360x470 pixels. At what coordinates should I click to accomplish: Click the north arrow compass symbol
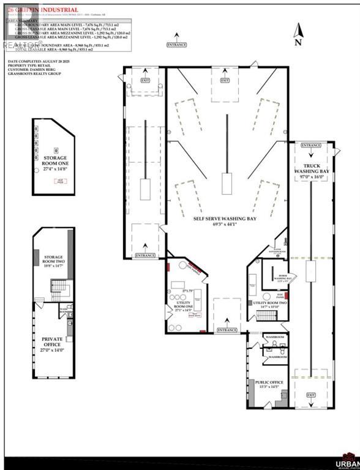[x=299, y=34]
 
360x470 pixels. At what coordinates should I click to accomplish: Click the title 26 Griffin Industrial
[x=43, y=10]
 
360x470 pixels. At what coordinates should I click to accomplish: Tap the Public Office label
[x=267, y=386]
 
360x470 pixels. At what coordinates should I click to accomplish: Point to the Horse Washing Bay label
[x=274, y=277]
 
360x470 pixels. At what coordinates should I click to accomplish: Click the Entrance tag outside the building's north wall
[x=177, y=45]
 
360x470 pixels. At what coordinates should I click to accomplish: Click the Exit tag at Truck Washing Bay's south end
[x=311, y=395]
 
